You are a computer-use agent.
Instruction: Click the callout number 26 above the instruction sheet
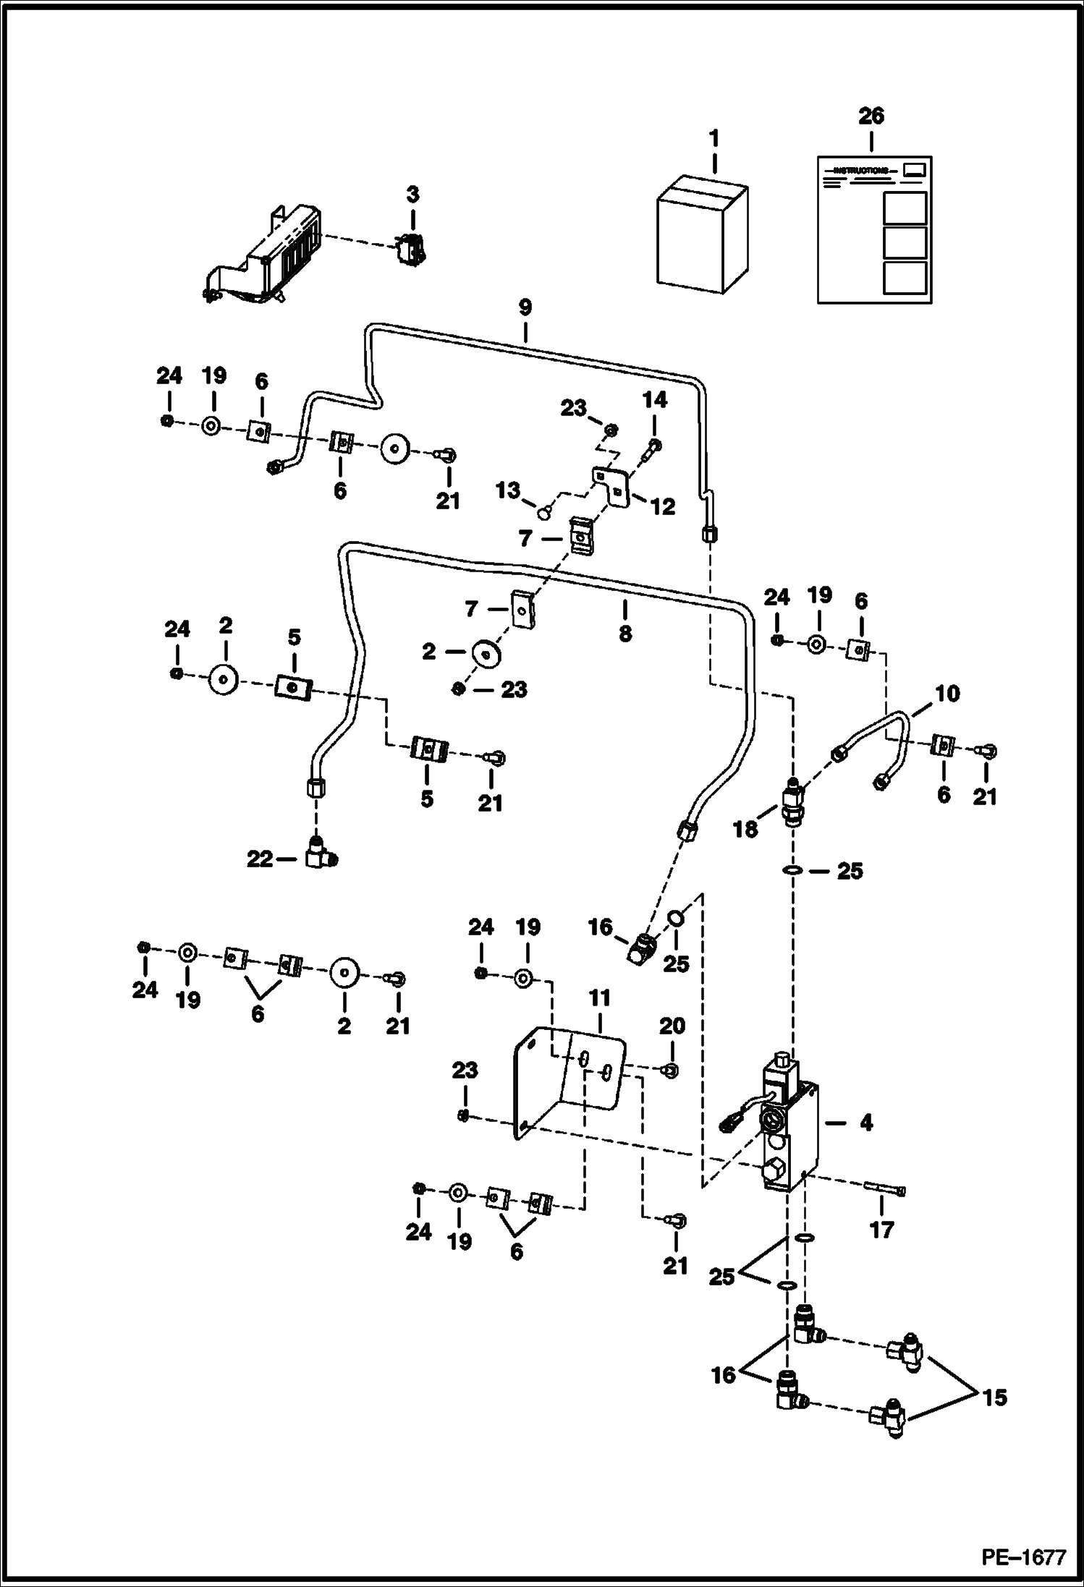(871, 116)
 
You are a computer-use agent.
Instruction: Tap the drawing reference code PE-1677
(1023, 1556)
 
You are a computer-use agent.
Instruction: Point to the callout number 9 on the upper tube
(525, 307)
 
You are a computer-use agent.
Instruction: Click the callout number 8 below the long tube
(625, 634)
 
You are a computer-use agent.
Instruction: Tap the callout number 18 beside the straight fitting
(745, 829)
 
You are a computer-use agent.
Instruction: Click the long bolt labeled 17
(885, 1190)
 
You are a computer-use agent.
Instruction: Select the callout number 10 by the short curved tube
(947, 694)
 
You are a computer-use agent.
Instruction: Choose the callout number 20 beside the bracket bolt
(672, 1026)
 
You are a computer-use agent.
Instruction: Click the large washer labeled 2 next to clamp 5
(224, 679)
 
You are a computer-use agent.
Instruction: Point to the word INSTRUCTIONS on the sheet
(860, 171)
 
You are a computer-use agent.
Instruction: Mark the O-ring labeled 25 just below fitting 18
(794, 870)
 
